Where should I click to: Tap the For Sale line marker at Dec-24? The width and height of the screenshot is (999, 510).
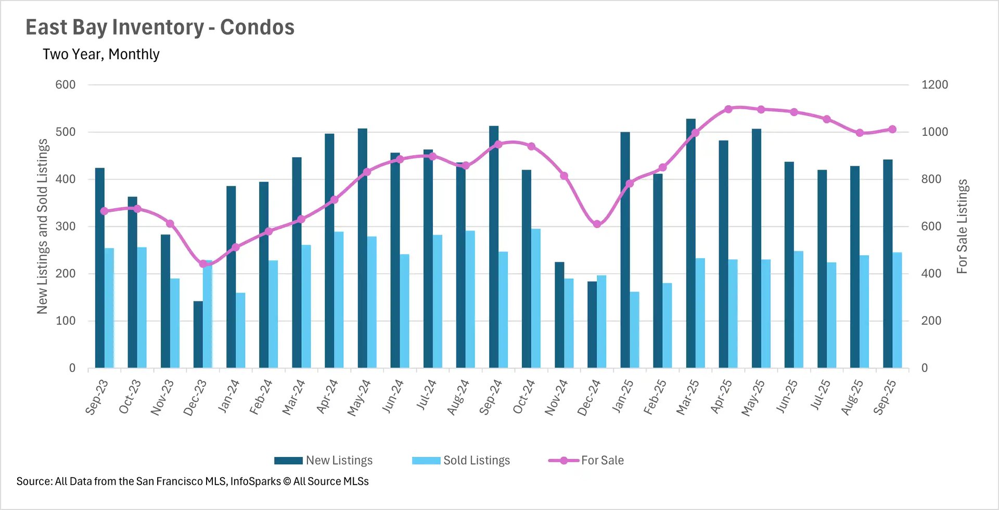(597, 224)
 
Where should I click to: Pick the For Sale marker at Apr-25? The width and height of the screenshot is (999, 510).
(728, 109)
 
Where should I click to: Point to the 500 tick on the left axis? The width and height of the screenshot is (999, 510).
(66, 132)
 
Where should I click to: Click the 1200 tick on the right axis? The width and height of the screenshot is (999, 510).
(934, 85)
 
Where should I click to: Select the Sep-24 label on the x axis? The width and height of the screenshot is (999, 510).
(490, 398)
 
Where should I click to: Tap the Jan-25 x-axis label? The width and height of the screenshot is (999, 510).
(622, 397)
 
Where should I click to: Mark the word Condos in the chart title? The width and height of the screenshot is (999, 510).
(257, 28)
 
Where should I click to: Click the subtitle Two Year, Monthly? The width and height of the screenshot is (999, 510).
(101, 54)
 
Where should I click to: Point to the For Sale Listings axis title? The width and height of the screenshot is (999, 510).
(962, 226)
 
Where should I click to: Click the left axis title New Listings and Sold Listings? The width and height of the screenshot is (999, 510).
(42, 226)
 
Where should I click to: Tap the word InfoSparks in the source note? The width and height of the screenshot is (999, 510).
(255, 481)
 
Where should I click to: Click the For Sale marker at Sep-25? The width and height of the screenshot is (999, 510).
(892, 129)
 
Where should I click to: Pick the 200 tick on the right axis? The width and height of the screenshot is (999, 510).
(931, 321)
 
